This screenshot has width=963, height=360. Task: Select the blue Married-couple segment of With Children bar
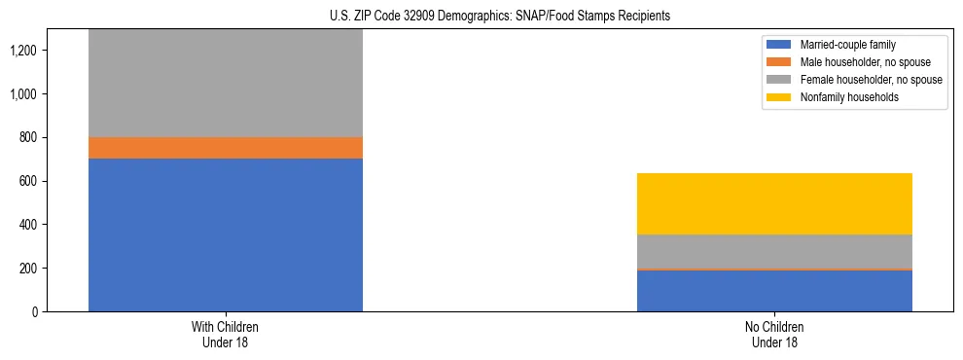pyautogui.click(x=226, y=234)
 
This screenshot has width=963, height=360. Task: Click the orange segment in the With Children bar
pyautogui.click(x=226, y=147)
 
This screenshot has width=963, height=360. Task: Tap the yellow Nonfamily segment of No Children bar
pyautogui.click(x=774, y=203)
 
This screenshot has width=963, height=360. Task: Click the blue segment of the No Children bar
pyautogui.click(x=774, y=291)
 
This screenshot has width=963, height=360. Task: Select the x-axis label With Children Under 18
pyautogui.click(x=226, y=334)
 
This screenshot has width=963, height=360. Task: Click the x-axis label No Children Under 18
pyautogui.click(x=774, y=334)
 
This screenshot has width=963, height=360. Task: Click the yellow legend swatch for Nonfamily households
pyautogui.click(x=779, y=97)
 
